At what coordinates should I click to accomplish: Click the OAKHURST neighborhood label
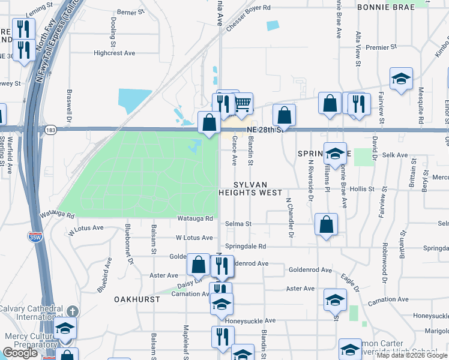(x=137, y=299)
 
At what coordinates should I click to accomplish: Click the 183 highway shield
(x=50, y=129)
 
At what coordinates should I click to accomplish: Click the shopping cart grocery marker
(x=243, y=104)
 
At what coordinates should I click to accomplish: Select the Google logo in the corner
(x=20, y=353)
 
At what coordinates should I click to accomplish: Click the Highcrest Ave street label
(x=115, y=53)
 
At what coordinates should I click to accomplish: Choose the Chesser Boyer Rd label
(x=249, y=8)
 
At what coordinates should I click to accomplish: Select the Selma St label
(x=238, y=224)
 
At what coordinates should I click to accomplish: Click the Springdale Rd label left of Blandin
(x=246, y=246)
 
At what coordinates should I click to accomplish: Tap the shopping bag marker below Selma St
(x=325, y=225)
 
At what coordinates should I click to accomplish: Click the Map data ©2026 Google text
(x=412, y=355)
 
